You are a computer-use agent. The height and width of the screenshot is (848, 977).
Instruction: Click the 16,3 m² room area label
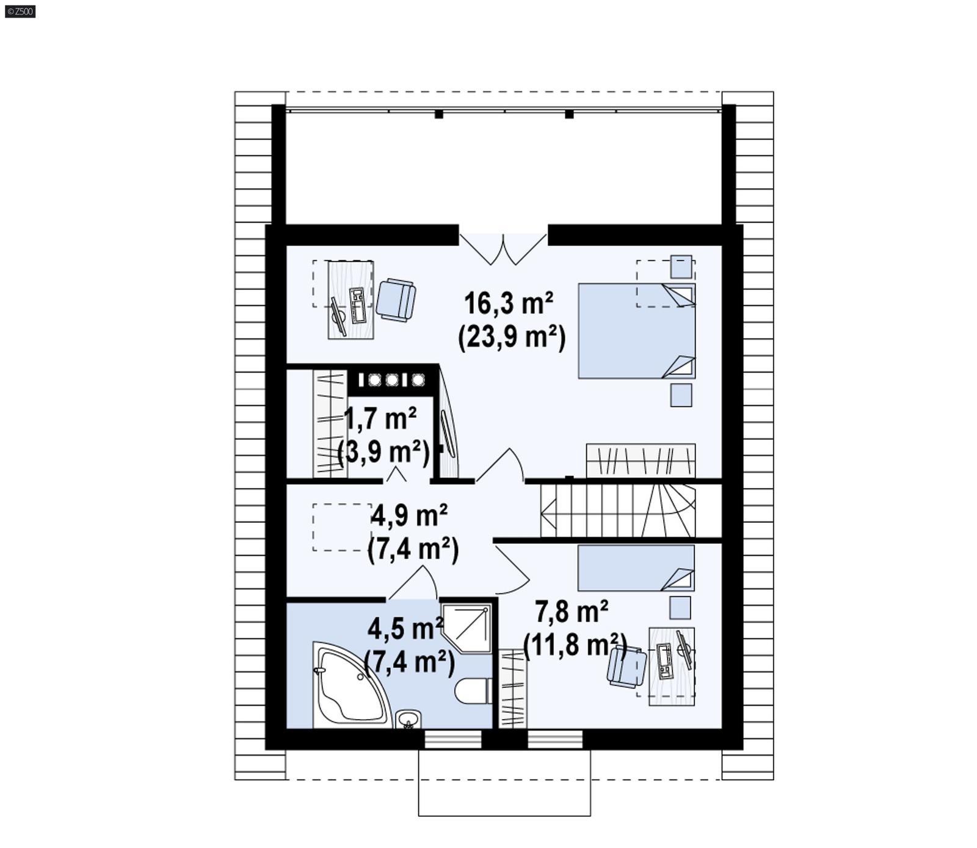509,304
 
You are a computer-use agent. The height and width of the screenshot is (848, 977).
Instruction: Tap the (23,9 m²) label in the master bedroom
512,336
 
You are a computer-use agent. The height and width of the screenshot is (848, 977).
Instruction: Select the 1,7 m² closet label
380,419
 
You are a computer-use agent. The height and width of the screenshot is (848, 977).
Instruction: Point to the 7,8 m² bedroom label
572,612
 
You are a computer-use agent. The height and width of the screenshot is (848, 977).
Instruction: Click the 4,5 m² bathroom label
405,629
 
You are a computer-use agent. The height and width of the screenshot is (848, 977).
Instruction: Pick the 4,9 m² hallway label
409,516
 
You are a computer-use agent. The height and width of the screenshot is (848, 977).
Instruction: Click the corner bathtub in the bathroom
348,687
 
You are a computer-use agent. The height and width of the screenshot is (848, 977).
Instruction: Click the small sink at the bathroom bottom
407,719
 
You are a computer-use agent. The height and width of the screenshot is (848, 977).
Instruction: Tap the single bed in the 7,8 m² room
635,568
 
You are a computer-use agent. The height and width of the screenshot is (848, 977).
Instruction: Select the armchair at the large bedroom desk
396,299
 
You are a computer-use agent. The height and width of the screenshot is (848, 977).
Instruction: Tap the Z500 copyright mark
20,11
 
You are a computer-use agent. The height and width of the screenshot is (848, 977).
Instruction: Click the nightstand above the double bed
681,267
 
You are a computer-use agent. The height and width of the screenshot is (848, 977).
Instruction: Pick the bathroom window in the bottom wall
452,740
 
